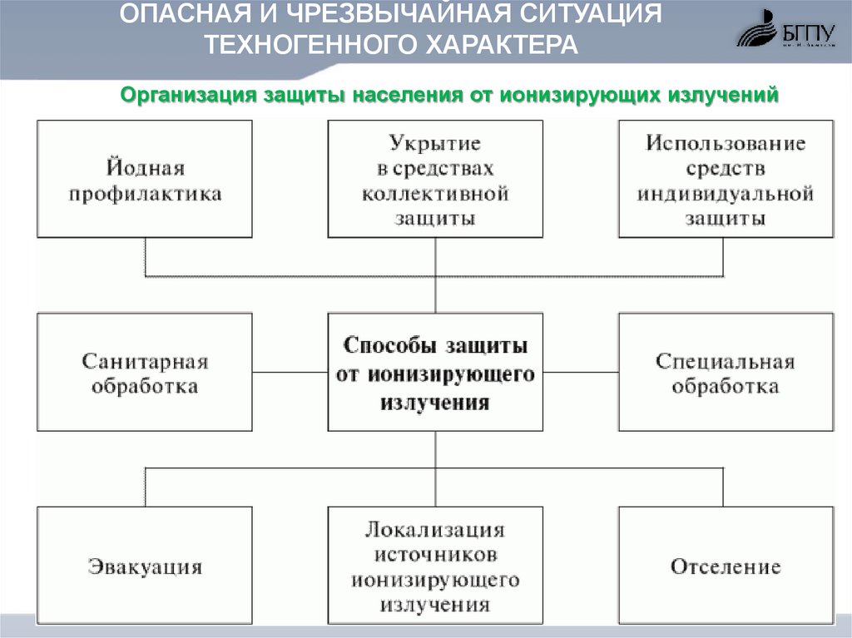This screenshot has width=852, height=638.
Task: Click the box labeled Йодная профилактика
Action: coord(145,180)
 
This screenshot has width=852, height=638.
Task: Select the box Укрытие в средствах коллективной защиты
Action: coord(435,180)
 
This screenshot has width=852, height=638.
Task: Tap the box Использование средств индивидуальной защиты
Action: coord(726,180)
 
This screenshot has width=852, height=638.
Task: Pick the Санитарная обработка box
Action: coord(145,373)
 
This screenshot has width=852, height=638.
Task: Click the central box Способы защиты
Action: coord(435,373)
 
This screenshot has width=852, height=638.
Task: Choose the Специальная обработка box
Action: coord(726,373)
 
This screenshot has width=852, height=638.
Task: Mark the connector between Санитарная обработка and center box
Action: coord(290,372)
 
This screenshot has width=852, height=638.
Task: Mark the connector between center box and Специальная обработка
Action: coord(581,372)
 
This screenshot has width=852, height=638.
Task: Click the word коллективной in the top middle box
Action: coord(435,193)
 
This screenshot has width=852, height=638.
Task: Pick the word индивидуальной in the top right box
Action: coord(726,195)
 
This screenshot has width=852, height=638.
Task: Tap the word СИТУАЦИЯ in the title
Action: coord(573,15)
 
